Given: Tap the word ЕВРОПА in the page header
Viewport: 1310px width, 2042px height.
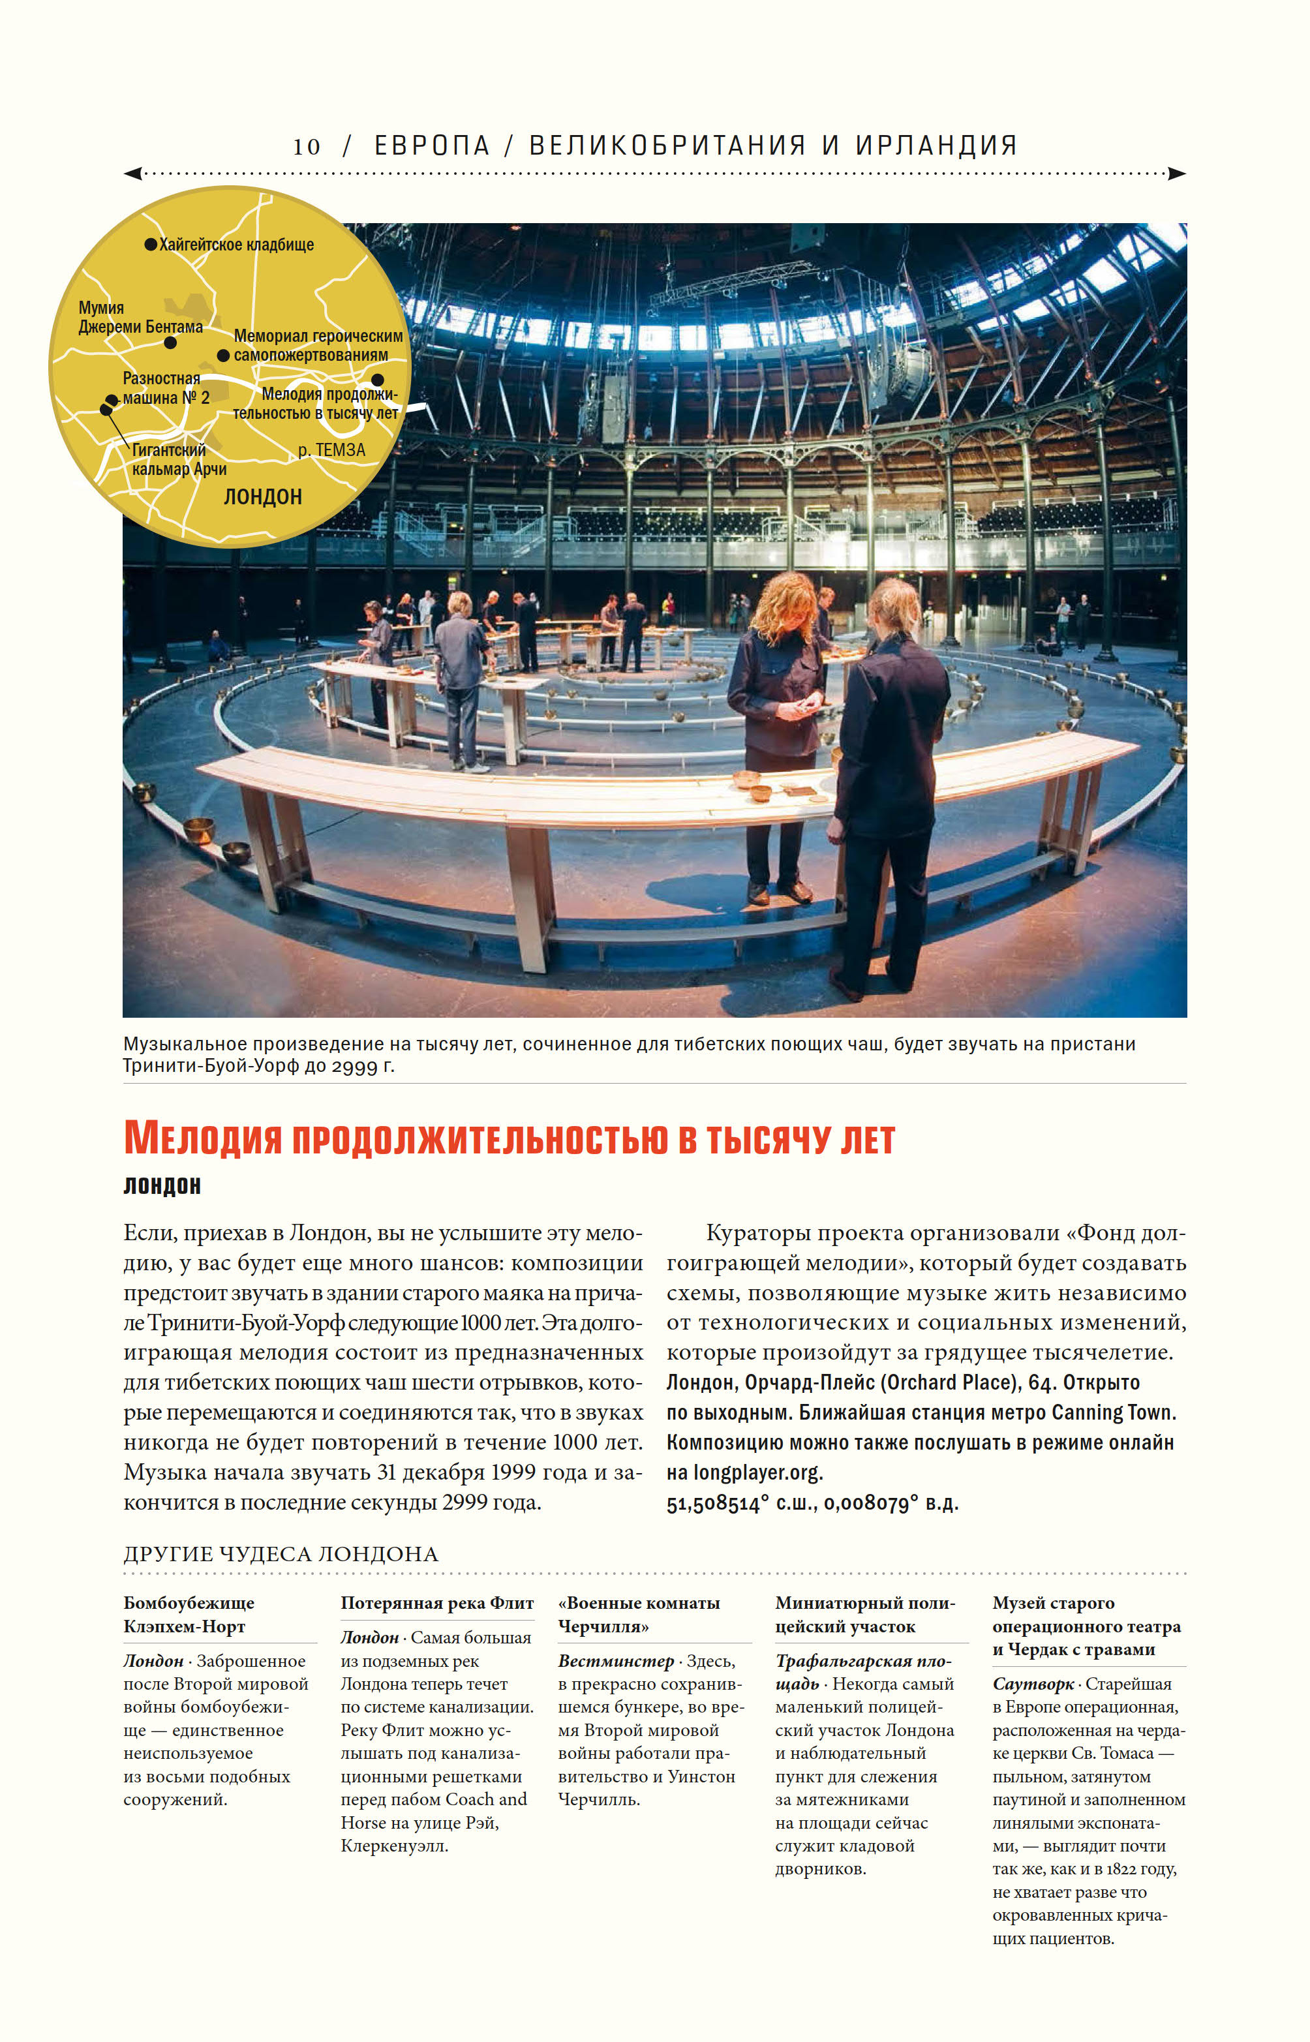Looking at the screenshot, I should (432, 146).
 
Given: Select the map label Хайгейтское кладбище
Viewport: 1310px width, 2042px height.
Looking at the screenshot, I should (236, 245).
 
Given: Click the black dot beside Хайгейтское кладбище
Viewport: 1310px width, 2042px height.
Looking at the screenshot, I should (151, 245).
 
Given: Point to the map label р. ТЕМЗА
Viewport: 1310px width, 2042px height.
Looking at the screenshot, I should (332, 450).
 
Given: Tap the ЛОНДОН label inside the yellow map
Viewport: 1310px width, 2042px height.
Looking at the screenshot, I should (263, 496).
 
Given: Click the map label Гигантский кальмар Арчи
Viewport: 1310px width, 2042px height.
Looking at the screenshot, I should (179, 459).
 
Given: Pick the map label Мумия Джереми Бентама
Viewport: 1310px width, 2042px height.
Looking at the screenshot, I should (140, 317).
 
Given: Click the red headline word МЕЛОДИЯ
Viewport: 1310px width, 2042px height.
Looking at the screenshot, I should (202, 1139).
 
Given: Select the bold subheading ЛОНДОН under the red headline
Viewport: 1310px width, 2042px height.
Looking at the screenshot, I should (162, 1185).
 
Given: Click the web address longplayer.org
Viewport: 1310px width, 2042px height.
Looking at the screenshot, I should (757, 1472).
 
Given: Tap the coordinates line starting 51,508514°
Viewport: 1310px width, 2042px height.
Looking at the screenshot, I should (812, 1503).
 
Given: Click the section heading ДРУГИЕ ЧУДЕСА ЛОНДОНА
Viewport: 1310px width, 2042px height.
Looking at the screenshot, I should (281, 1554).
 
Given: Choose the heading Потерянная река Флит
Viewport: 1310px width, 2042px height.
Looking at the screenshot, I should (437, 1603).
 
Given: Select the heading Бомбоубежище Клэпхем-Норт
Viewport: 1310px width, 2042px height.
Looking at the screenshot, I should (189, 1614).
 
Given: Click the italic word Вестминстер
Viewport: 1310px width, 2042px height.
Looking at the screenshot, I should (616, 1661).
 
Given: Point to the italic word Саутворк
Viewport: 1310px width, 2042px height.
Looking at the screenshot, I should (1033, 1684).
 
